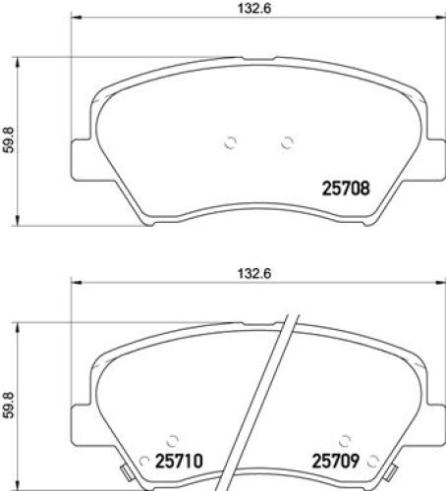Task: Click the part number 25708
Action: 347,189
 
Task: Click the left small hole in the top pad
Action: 231,141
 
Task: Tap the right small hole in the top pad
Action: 287,141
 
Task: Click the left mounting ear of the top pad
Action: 81,157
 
